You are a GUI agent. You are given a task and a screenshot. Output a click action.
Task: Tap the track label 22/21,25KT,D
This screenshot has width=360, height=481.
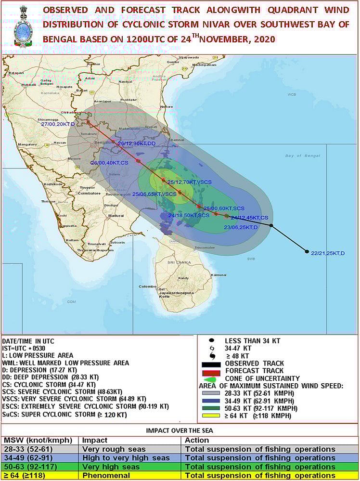pos(328,253)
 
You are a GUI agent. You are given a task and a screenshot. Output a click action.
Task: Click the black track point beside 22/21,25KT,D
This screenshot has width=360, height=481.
pos(307,251)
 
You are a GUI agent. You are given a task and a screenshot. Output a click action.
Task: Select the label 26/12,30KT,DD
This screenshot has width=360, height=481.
pos(137,143)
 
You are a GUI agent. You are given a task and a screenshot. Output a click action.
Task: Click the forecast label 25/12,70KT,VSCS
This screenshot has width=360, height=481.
pos(190,182)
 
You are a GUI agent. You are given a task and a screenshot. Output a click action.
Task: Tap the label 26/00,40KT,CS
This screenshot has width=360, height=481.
pos(110,163)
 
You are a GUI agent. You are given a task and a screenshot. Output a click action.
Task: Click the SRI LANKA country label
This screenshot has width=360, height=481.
pos(179,262)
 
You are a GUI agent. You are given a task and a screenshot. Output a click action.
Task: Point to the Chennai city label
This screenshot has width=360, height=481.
pos(177,140)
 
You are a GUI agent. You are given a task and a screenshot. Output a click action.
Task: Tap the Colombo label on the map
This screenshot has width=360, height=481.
pos(147,286)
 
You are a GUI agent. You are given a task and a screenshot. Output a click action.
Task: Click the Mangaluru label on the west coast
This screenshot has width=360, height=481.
pos(28,144)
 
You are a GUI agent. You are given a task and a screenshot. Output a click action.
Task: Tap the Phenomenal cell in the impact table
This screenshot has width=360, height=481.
pos(99,475)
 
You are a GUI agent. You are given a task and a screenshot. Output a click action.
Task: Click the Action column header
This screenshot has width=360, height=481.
pos(197,440)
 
